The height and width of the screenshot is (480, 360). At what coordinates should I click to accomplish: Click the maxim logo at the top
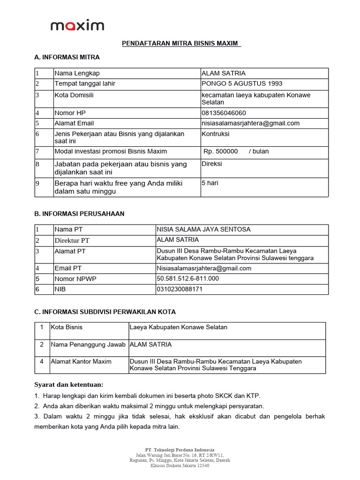click(77, 25)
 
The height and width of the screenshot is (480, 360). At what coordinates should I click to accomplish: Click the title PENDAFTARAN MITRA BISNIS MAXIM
click(181, 44)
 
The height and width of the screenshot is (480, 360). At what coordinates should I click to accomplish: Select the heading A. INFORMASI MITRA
click(67, 57)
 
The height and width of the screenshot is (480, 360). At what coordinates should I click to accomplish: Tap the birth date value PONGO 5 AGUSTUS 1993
click(242, 83)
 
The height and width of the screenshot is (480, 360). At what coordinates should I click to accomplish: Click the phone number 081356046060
click(224, 113)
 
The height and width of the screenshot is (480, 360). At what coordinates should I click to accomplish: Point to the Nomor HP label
click(70, 113)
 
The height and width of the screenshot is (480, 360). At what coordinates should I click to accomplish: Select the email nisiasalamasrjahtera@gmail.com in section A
click(250, 123)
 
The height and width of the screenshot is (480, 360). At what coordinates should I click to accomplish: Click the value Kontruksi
click(216, 134)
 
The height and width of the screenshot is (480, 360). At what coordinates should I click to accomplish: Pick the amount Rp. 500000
click(221, 151)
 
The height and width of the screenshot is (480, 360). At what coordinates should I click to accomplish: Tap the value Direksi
click(212, 164)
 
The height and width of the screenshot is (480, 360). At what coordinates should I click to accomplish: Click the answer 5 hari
click(210, 183)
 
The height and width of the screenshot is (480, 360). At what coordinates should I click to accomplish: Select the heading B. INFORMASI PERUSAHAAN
click(79, 213)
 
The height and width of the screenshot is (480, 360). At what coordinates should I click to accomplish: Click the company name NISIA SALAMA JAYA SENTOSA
click(203, 229)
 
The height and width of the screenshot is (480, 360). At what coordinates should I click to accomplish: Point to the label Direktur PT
click(72, 240)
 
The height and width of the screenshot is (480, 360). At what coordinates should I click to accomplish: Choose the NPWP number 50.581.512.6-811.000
click(187, 278)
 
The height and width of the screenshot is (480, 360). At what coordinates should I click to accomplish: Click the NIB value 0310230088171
click(180, 289)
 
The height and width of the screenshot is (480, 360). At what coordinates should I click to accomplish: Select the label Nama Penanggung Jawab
click(88, 345)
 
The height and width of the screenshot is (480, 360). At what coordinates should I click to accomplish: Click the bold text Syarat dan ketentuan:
click(68, 384)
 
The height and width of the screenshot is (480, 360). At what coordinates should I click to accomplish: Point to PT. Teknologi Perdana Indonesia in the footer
click(180, 450)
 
